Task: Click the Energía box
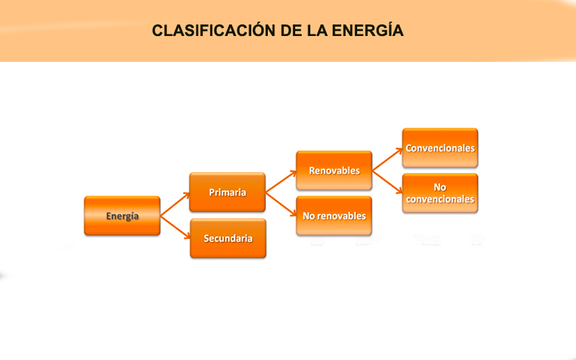(122, 216)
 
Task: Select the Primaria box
(228, 192)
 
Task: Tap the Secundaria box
(228, 238)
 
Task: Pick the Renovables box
(333, 171)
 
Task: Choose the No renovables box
(333, 216)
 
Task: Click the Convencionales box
(440, 148)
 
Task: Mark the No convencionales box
(440, 193)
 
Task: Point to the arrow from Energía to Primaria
(174, 204)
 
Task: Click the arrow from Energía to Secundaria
(174, 228)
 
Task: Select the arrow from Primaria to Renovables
(281, 182)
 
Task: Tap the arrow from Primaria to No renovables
(281, 204)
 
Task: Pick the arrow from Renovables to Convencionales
(387, 160)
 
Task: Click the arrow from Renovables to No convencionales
(387, 182)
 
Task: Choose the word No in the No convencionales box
(440, 187)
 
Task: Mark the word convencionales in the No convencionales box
(440, 199)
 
